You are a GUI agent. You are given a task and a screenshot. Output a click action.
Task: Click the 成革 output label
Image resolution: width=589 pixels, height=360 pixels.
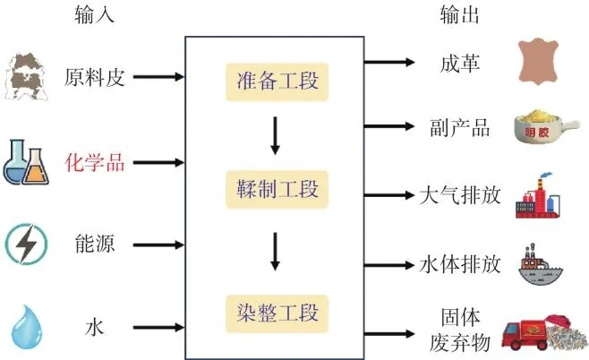click(455, 64)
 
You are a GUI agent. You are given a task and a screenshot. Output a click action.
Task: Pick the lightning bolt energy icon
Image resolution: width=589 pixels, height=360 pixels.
click(25, 244)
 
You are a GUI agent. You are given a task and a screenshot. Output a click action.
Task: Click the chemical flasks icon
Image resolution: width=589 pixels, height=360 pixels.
click(26, 162)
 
